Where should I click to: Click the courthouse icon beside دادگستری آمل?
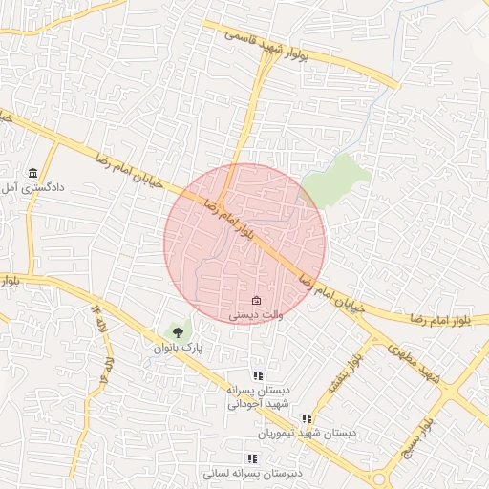click(33, 172)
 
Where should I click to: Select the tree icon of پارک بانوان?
click(177, 332)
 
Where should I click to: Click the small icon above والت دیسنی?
click(254, 301)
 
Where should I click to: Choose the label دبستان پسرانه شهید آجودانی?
click(257, 397)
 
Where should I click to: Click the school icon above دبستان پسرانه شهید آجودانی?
click(257, 375)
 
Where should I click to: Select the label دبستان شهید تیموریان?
click(312, 433)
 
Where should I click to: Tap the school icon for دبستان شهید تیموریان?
click(307, 418)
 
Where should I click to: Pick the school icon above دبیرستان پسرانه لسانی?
click(251, 458)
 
